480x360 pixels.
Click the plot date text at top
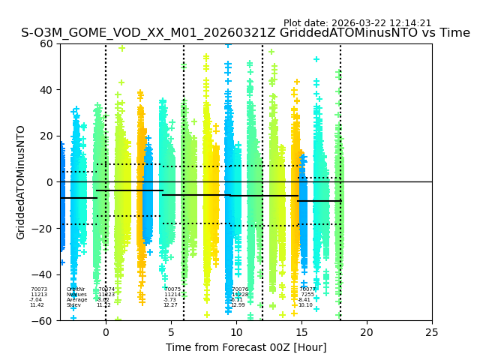(x=357, y=23)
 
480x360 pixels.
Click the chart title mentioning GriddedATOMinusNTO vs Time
(x=245, y=34)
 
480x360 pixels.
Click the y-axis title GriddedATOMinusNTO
(x=21, y=182)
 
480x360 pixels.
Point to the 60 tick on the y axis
(x=46, y=43)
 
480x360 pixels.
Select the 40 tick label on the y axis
(x=46, y=90)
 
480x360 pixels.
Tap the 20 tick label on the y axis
(x=46, y=136)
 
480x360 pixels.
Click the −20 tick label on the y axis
(x=43, y=228)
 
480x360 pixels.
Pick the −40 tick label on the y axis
(x=43, y=274)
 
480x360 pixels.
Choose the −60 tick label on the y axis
(x=43, y=320)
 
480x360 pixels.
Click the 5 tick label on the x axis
(x=171, y=332)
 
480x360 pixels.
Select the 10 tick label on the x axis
(x=236, y=332)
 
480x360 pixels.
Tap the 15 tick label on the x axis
(x=301, y=332)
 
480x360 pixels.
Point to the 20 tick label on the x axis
(x=367, y=332)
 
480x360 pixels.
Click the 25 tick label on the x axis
(x=432, y=332)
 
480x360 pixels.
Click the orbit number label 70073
(x=38, y=289)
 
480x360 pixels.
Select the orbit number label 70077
(x=307, y=289)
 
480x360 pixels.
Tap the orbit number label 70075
(x=172, y=289)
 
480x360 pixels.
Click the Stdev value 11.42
(x=37, y=305)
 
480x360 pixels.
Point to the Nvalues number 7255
(x=307, y=295)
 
